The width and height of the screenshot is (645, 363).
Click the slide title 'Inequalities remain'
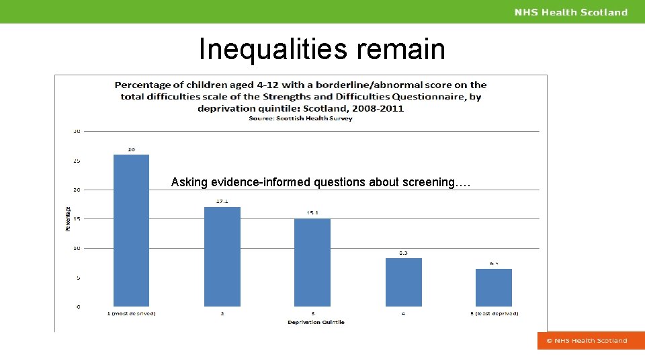(x=322, y=49)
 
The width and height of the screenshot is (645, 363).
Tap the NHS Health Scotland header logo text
(x=571, y=12)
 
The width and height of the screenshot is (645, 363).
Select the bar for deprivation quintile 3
(x=312, y=263)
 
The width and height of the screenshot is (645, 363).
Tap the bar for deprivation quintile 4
(x=403, y=282)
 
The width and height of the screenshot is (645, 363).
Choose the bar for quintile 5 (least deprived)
(x=494, y=288)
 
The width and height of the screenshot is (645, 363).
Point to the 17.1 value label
(x=222, y=201)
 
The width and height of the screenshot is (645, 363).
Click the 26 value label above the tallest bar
(x=131, y=149)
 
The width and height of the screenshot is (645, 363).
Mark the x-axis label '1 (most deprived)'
(x=131, y=314)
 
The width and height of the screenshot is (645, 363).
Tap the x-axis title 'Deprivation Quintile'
(x=316, y=323)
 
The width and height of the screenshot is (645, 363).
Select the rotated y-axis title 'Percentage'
(x=67, y=218)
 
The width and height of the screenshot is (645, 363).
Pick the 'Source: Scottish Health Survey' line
(x=300, y=118)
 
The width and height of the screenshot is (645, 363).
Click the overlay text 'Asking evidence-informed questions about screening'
(x=321, y=182)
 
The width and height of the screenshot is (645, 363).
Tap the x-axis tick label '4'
(x=403, y=314)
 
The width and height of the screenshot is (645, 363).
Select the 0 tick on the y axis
(x=78, y=307)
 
